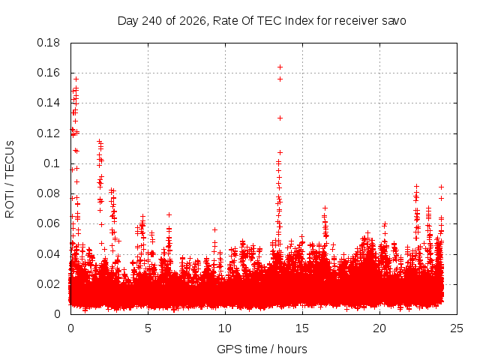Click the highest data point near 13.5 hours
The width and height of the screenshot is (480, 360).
point(280,67)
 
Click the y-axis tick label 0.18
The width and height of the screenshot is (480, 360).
point(48,43)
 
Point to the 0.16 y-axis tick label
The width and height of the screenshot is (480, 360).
point(48,73)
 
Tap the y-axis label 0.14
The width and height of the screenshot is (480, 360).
point(48,103)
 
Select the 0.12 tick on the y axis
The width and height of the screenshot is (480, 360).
point(48,133)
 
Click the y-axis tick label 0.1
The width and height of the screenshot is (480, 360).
point(52,163)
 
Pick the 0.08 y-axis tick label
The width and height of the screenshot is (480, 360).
point(48,193)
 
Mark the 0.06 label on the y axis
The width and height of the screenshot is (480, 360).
point(48,223)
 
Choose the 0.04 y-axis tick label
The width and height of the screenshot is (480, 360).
point(48,253)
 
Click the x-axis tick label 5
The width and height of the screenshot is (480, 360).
point(148,328)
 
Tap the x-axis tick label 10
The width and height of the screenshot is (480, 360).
point(225,328)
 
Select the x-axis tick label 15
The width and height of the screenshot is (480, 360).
point(302,328)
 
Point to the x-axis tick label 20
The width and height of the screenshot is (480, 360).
point(379,328)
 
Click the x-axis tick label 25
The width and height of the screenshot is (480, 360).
point(457,328)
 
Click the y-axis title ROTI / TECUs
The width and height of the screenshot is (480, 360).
point(10,179)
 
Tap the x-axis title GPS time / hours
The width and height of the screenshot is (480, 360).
point(262,349)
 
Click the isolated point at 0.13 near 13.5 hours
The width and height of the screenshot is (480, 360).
point(280,118)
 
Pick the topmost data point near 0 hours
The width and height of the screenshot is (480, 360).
point(76,79)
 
